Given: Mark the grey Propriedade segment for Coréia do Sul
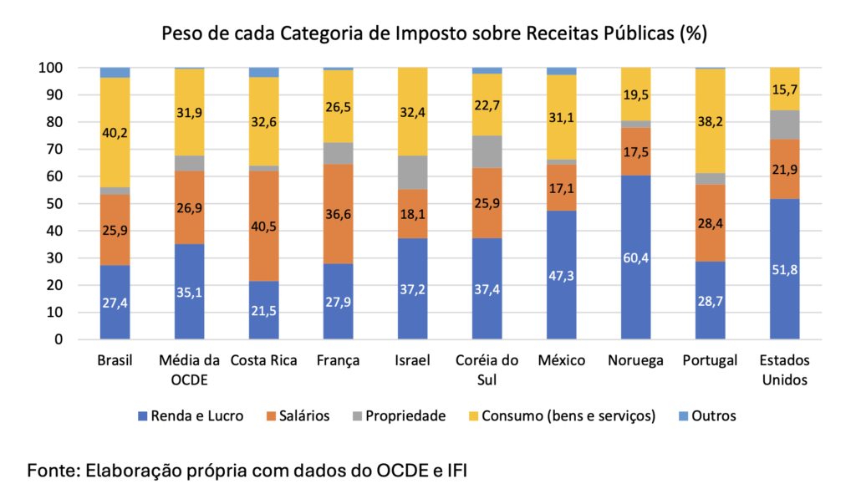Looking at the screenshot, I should (487, 152).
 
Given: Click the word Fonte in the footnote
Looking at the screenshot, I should (51, 469).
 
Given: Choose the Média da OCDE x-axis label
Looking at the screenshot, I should (189, 369).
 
